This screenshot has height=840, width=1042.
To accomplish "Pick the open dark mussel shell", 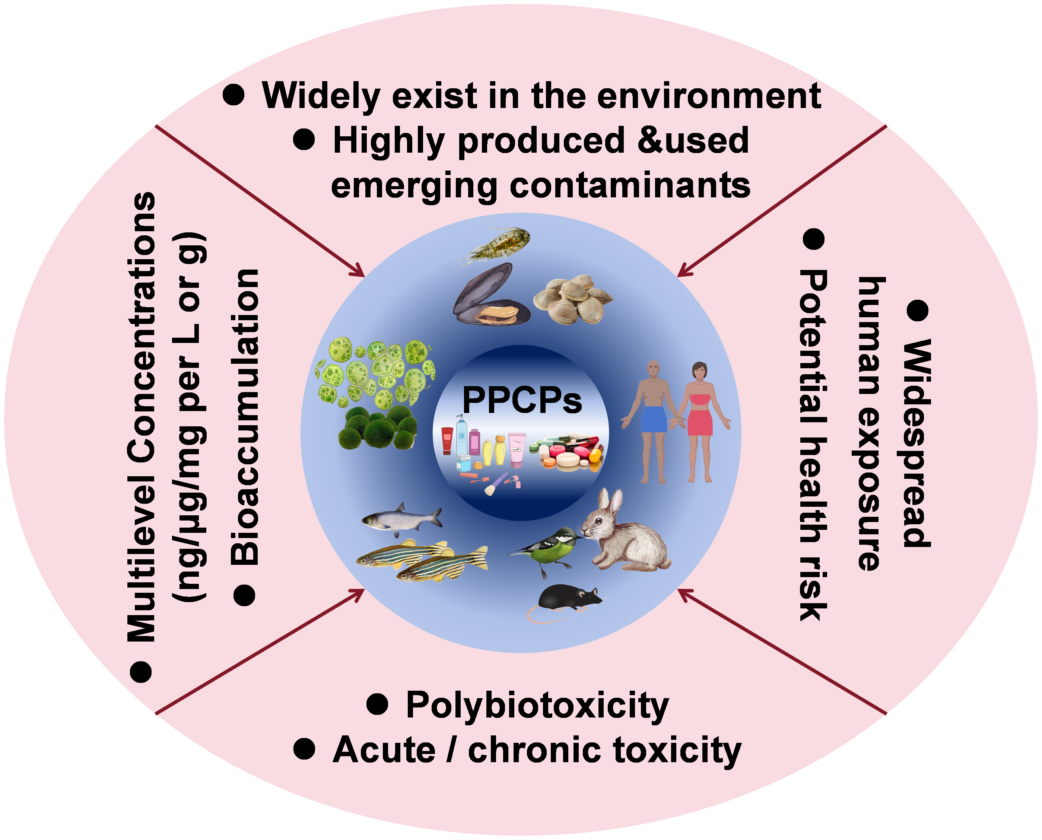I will click(x=489, y=296).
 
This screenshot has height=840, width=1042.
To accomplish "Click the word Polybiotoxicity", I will click(x=537, y=706).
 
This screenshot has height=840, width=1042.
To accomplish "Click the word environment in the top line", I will click(x=709, y=96).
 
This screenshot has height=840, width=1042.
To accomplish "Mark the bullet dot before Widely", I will click(x=234, y=95).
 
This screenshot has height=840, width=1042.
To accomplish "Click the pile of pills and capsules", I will click(x=566, y=452).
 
